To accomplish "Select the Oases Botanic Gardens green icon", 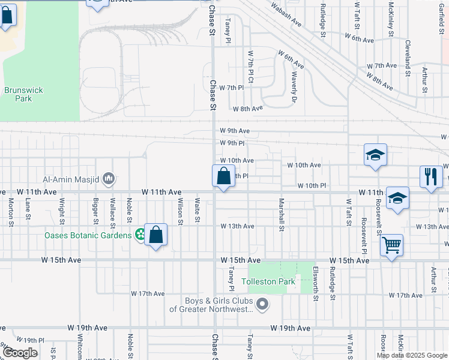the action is click(x=140, y=235).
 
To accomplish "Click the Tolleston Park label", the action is click(x=264, y=281).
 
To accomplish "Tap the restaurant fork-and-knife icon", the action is click(x=430, y=176).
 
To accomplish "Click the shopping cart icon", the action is click(x=391, y=244).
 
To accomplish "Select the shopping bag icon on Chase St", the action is click(x=223, y=176).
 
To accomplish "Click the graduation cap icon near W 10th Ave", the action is click(x=375, y=155).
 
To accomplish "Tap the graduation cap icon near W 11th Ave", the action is click(x=397, y=197).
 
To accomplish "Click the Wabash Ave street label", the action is click(x=286, y=13).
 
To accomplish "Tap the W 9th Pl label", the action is click(x=232, y=143).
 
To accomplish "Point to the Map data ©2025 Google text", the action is click(x=411, y=355).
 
